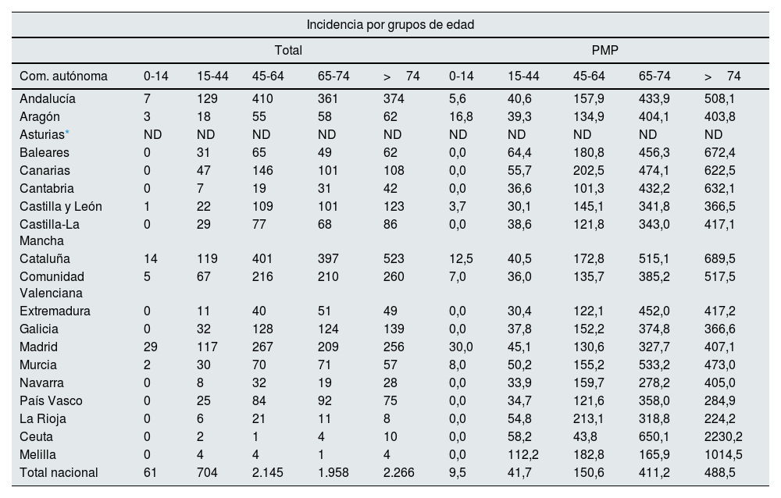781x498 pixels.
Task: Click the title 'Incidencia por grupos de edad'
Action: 390,24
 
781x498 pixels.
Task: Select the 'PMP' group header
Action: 605,50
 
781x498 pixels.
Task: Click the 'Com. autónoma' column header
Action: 63,76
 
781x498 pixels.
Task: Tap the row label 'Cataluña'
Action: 45,258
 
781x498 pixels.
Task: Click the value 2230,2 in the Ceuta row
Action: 724,436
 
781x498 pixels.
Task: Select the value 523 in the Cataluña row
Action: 395,258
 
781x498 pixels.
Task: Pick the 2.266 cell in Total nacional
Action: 398,472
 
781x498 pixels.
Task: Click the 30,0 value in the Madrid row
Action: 461,347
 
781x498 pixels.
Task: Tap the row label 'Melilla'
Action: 40,454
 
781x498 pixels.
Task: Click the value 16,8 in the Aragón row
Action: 461,116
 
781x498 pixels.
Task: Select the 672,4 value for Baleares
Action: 720,152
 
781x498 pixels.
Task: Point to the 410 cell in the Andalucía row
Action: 262,98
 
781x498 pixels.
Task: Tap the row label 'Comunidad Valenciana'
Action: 52,285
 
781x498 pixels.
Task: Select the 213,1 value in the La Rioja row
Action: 589,418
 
